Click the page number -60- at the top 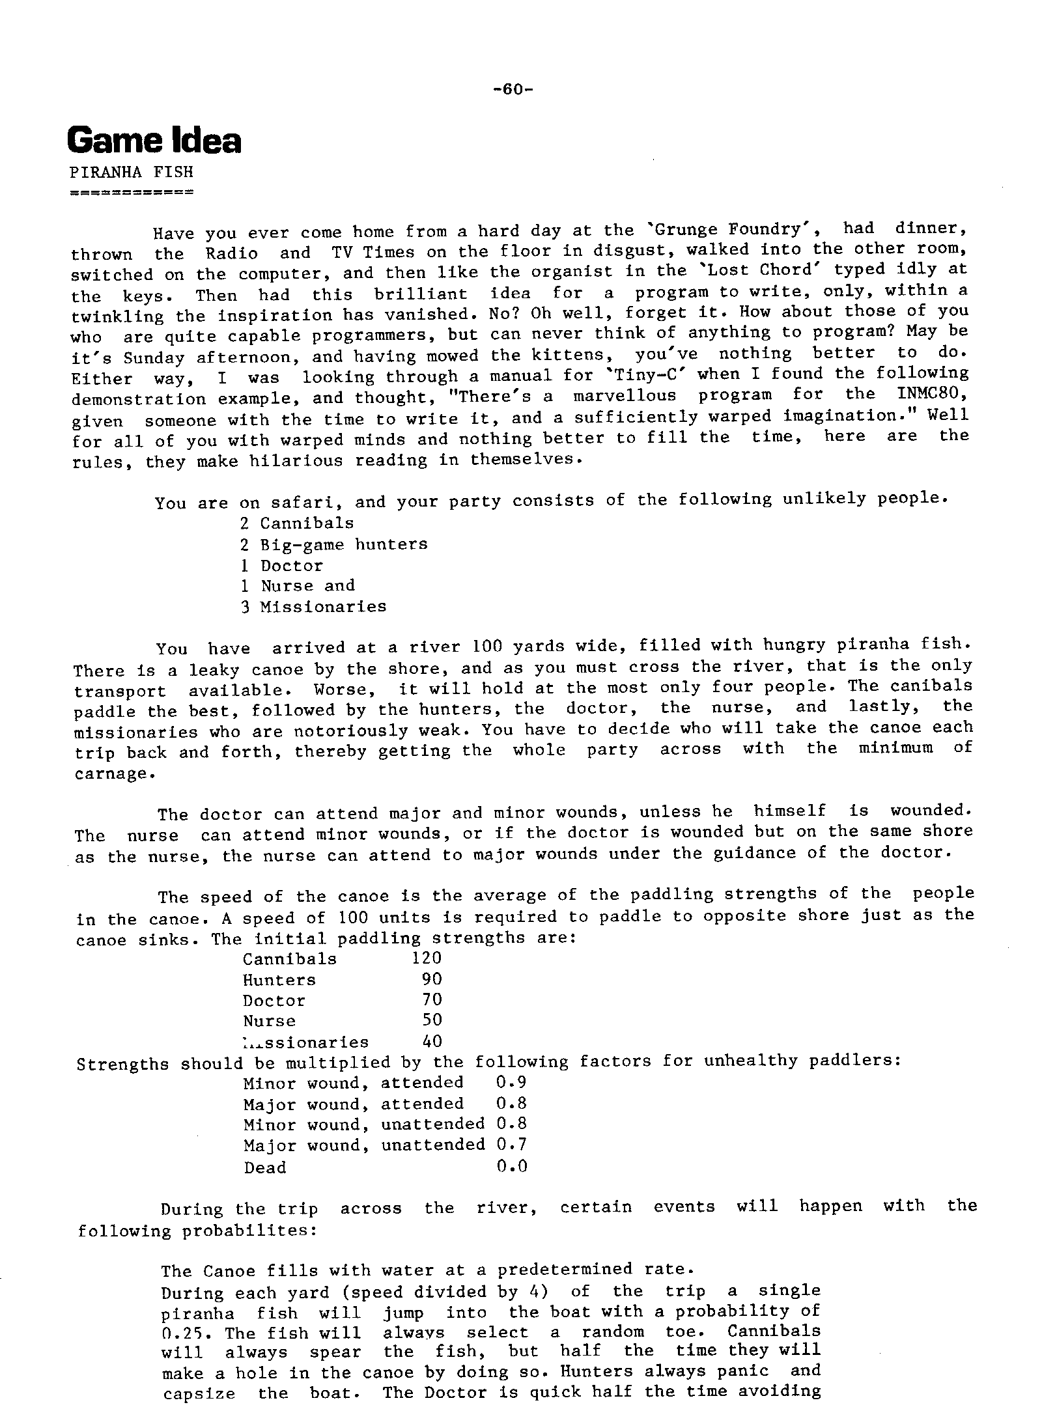click(513, 89)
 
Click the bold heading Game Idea click(154, 141)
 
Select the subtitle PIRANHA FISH click(132, 173)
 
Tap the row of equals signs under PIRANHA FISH click(132, 193)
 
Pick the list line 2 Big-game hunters click(334, 544)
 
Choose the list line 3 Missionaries click(313, 607)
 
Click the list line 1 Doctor click(282, 565)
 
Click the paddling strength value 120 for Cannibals click(427, 958)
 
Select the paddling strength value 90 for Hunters click(432, 979)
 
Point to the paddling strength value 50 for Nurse click(432, 1020)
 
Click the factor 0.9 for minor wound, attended click(511, 1082)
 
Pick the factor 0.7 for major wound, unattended click(511, 1144)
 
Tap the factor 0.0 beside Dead click(511, 1165)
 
